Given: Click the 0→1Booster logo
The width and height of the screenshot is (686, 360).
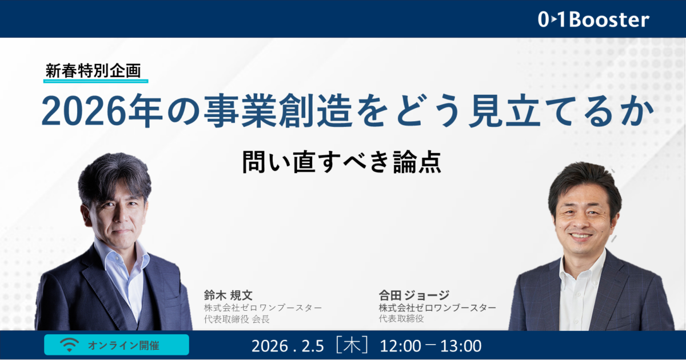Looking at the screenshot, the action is click(x=593, y=19).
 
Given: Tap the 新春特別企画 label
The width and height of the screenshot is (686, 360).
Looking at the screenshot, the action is click(x=93, y=71).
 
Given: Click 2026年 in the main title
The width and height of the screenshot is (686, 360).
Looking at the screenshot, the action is click(x=102, y=111).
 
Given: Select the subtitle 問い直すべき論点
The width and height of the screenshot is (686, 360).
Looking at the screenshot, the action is click(x=342, y=162).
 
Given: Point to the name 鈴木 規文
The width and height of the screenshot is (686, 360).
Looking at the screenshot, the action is click(x=228, y=295).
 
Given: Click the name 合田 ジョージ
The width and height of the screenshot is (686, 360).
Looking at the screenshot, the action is click(x=414, y=295).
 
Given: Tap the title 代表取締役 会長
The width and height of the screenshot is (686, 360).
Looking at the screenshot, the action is click(x=237, y=319).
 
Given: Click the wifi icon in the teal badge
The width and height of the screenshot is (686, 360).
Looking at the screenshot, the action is click(x=69, y=345).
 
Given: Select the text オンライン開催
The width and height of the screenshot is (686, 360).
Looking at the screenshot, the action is click(x=123, y=345).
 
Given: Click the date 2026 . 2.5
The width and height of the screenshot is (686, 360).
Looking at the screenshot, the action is click(x=288, y=346).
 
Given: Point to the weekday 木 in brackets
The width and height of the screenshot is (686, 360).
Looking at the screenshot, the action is click(x=352, y=345).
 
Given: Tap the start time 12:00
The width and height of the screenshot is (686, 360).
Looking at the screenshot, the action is click(x=400, y=346).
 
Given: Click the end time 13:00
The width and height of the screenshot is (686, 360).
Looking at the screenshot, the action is click(x=461, y=346).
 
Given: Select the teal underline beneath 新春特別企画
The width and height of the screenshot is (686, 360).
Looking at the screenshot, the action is click(x=96, y=81).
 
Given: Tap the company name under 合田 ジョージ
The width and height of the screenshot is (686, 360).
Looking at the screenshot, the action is click(x=437, y=307).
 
